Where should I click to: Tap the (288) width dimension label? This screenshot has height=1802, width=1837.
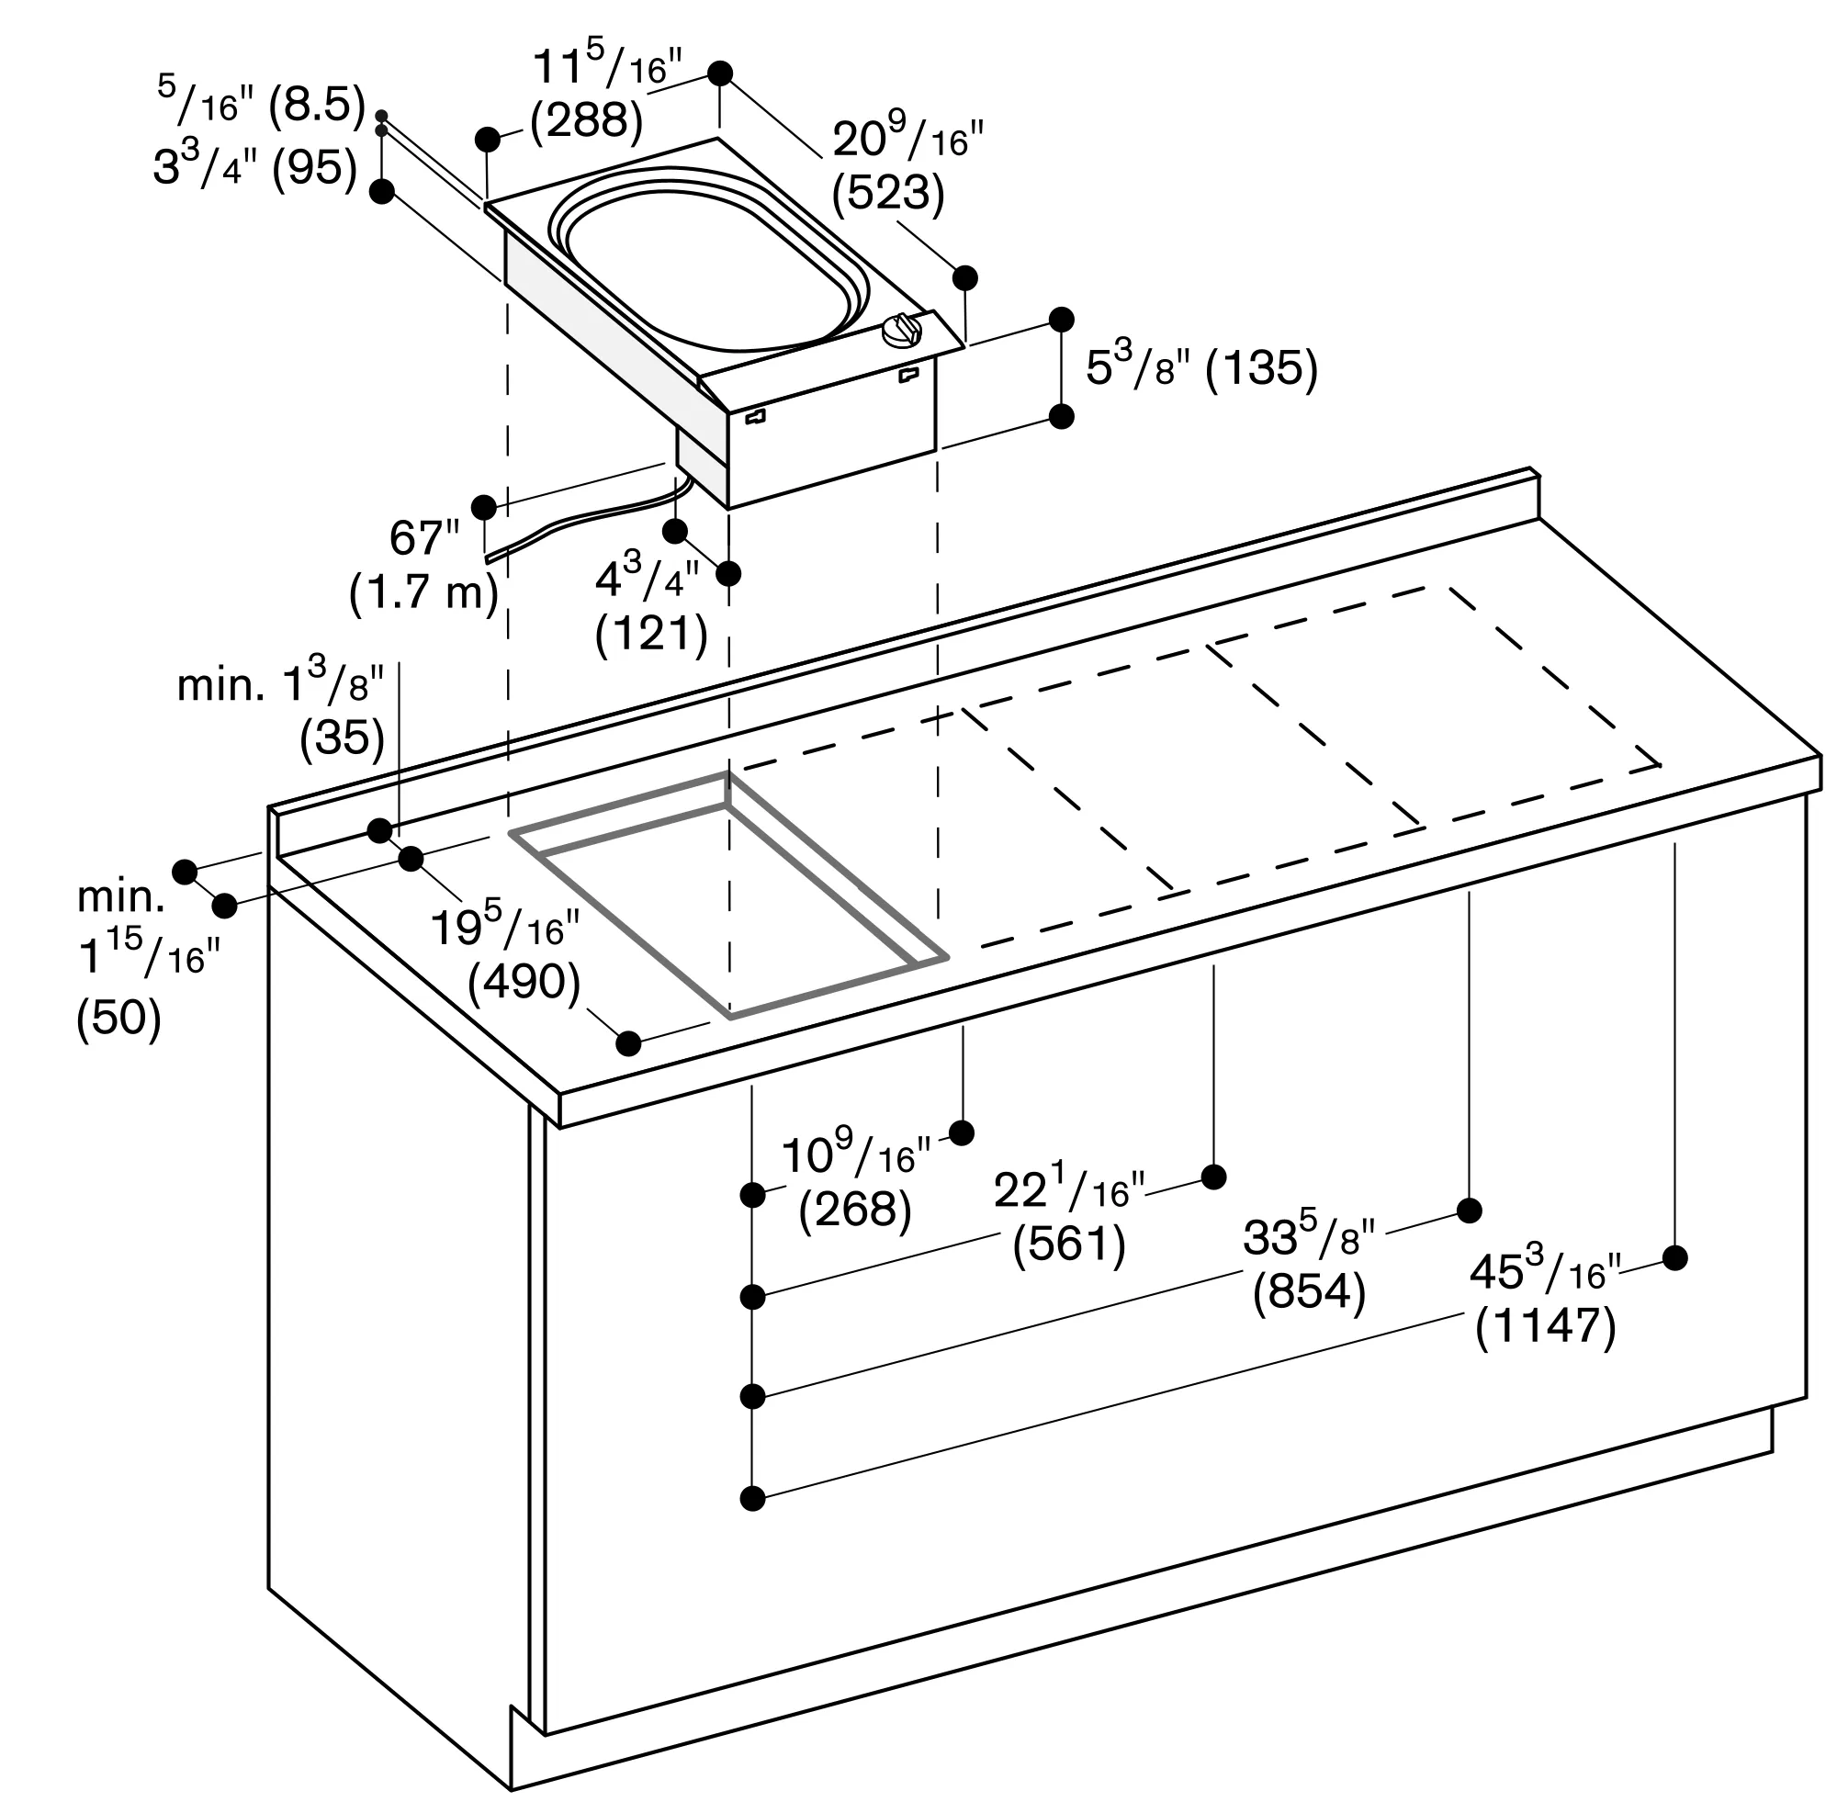pos(587,121)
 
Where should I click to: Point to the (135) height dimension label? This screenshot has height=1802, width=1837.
pos(1262,368)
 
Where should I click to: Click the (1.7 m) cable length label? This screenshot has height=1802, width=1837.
pos(424,593)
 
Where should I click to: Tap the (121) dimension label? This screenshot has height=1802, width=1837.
pos(652,635)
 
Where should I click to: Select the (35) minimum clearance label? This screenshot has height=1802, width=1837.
pos(343,738)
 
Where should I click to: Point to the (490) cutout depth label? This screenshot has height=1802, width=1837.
pos(524,984)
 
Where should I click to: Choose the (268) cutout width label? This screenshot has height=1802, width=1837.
pos(855,1210)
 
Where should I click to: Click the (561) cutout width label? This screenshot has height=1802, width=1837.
pos(1069,1245)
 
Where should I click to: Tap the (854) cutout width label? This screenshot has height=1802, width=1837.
pos(1309,1292)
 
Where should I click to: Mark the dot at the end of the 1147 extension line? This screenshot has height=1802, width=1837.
pos(1675,1257)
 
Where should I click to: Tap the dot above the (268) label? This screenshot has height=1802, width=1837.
pos(962,1132)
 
